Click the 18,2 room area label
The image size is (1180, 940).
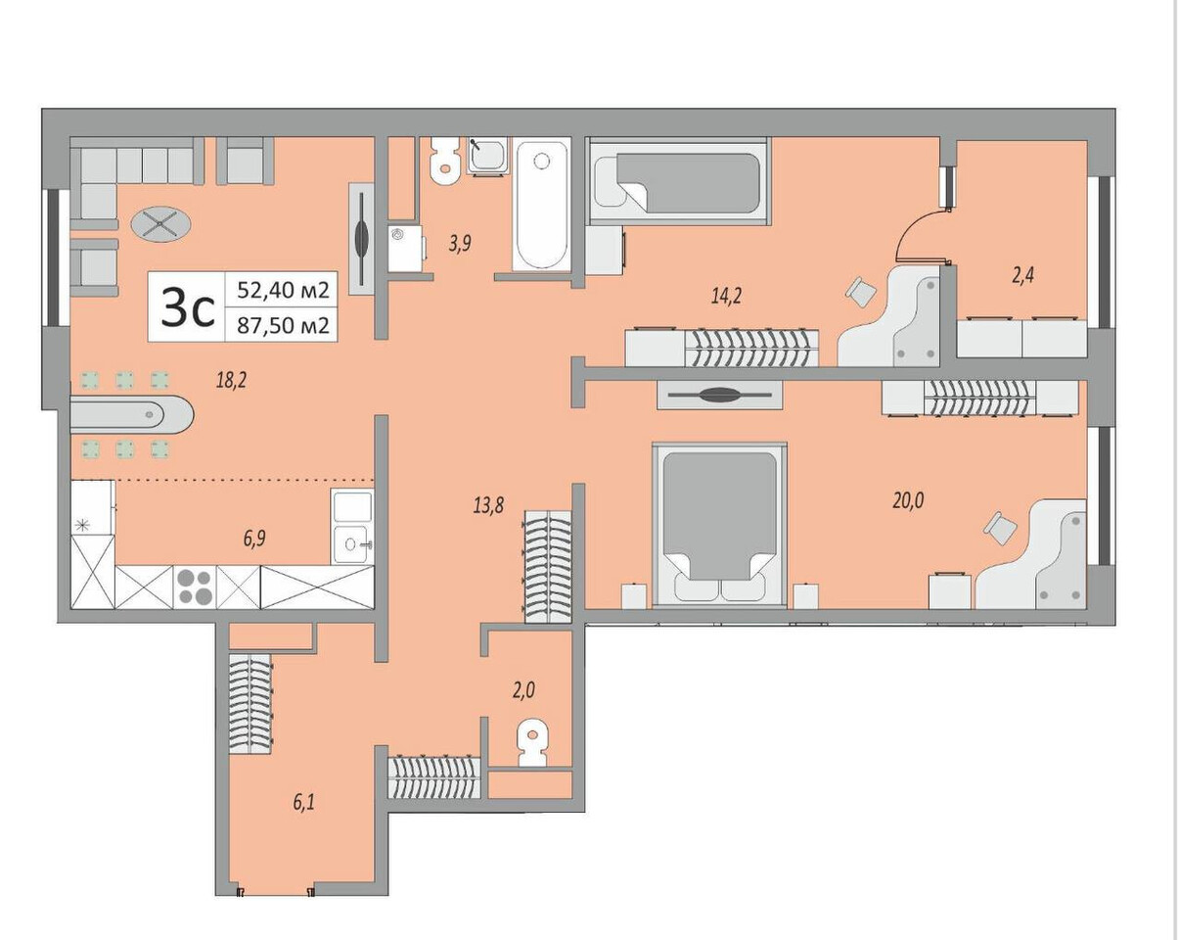(231, 379)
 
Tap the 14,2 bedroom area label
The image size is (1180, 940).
(726, 297)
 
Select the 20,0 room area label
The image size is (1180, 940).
(908, 500)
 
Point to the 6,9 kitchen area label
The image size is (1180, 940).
(254, 539)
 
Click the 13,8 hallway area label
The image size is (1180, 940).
(488, 504)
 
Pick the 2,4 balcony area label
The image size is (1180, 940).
(1022, 275)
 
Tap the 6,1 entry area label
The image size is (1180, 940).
(303, 803)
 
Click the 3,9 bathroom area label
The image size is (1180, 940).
(460, 243)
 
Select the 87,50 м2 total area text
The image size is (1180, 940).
(283, 326)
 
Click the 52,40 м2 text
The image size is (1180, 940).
(283, 290)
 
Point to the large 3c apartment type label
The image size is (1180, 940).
(187, 307)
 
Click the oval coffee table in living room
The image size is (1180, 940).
(161, 224)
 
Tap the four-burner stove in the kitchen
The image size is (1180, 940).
(195, 587)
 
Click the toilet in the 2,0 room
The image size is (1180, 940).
(532, 742)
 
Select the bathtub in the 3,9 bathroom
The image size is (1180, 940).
(542, 206)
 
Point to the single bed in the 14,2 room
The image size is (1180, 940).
(679, 181)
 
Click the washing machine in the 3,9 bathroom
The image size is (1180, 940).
(407, 248)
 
